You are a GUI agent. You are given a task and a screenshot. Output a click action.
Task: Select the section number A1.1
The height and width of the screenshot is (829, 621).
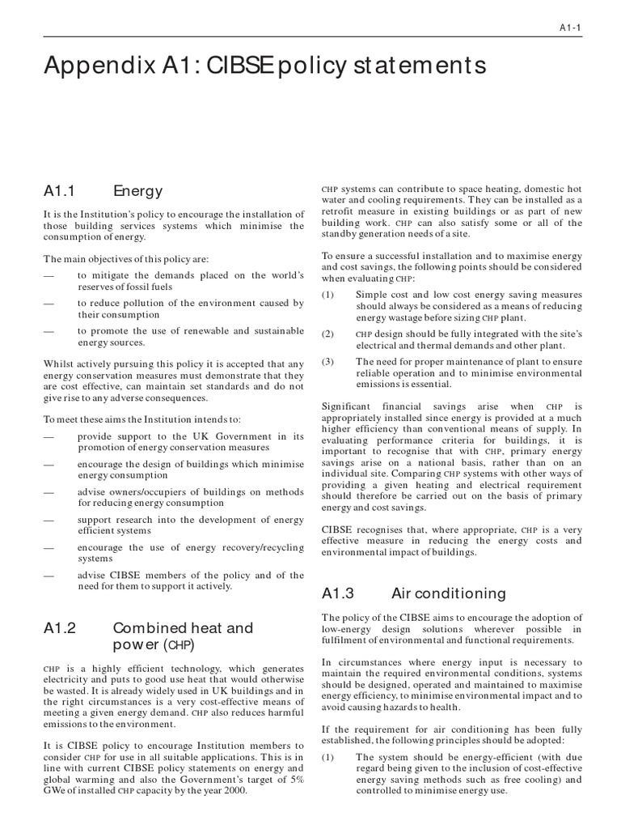pos(59,192)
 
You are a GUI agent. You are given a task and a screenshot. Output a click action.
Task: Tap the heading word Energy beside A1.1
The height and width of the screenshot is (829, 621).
pos(137,192)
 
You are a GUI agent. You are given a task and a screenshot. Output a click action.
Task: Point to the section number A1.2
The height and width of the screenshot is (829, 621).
pos(59,627)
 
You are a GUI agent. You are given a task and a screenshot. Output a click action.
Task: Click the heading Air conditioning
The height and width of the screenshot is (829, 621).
pos(449,593)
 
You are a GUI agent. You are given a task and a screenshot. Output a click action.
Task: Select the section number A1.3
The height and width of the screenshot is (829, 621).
pos(339,593)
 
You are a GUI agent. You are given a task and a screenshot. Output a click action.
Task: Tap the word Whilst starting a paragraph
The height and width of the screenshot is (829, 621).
pos(59,364)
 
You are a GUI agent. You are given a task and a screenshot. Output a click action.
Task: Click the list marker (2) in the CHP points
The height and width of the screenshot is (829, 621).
pos(327,334)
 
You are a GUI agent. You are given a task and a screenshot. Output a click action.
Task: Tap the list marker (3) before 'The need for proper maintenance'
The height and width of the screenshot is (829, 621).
pos(327,361)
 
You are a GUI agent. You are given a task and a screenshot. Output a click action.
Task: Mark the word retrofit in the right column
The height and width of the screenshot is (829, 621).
pos(340,211)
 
